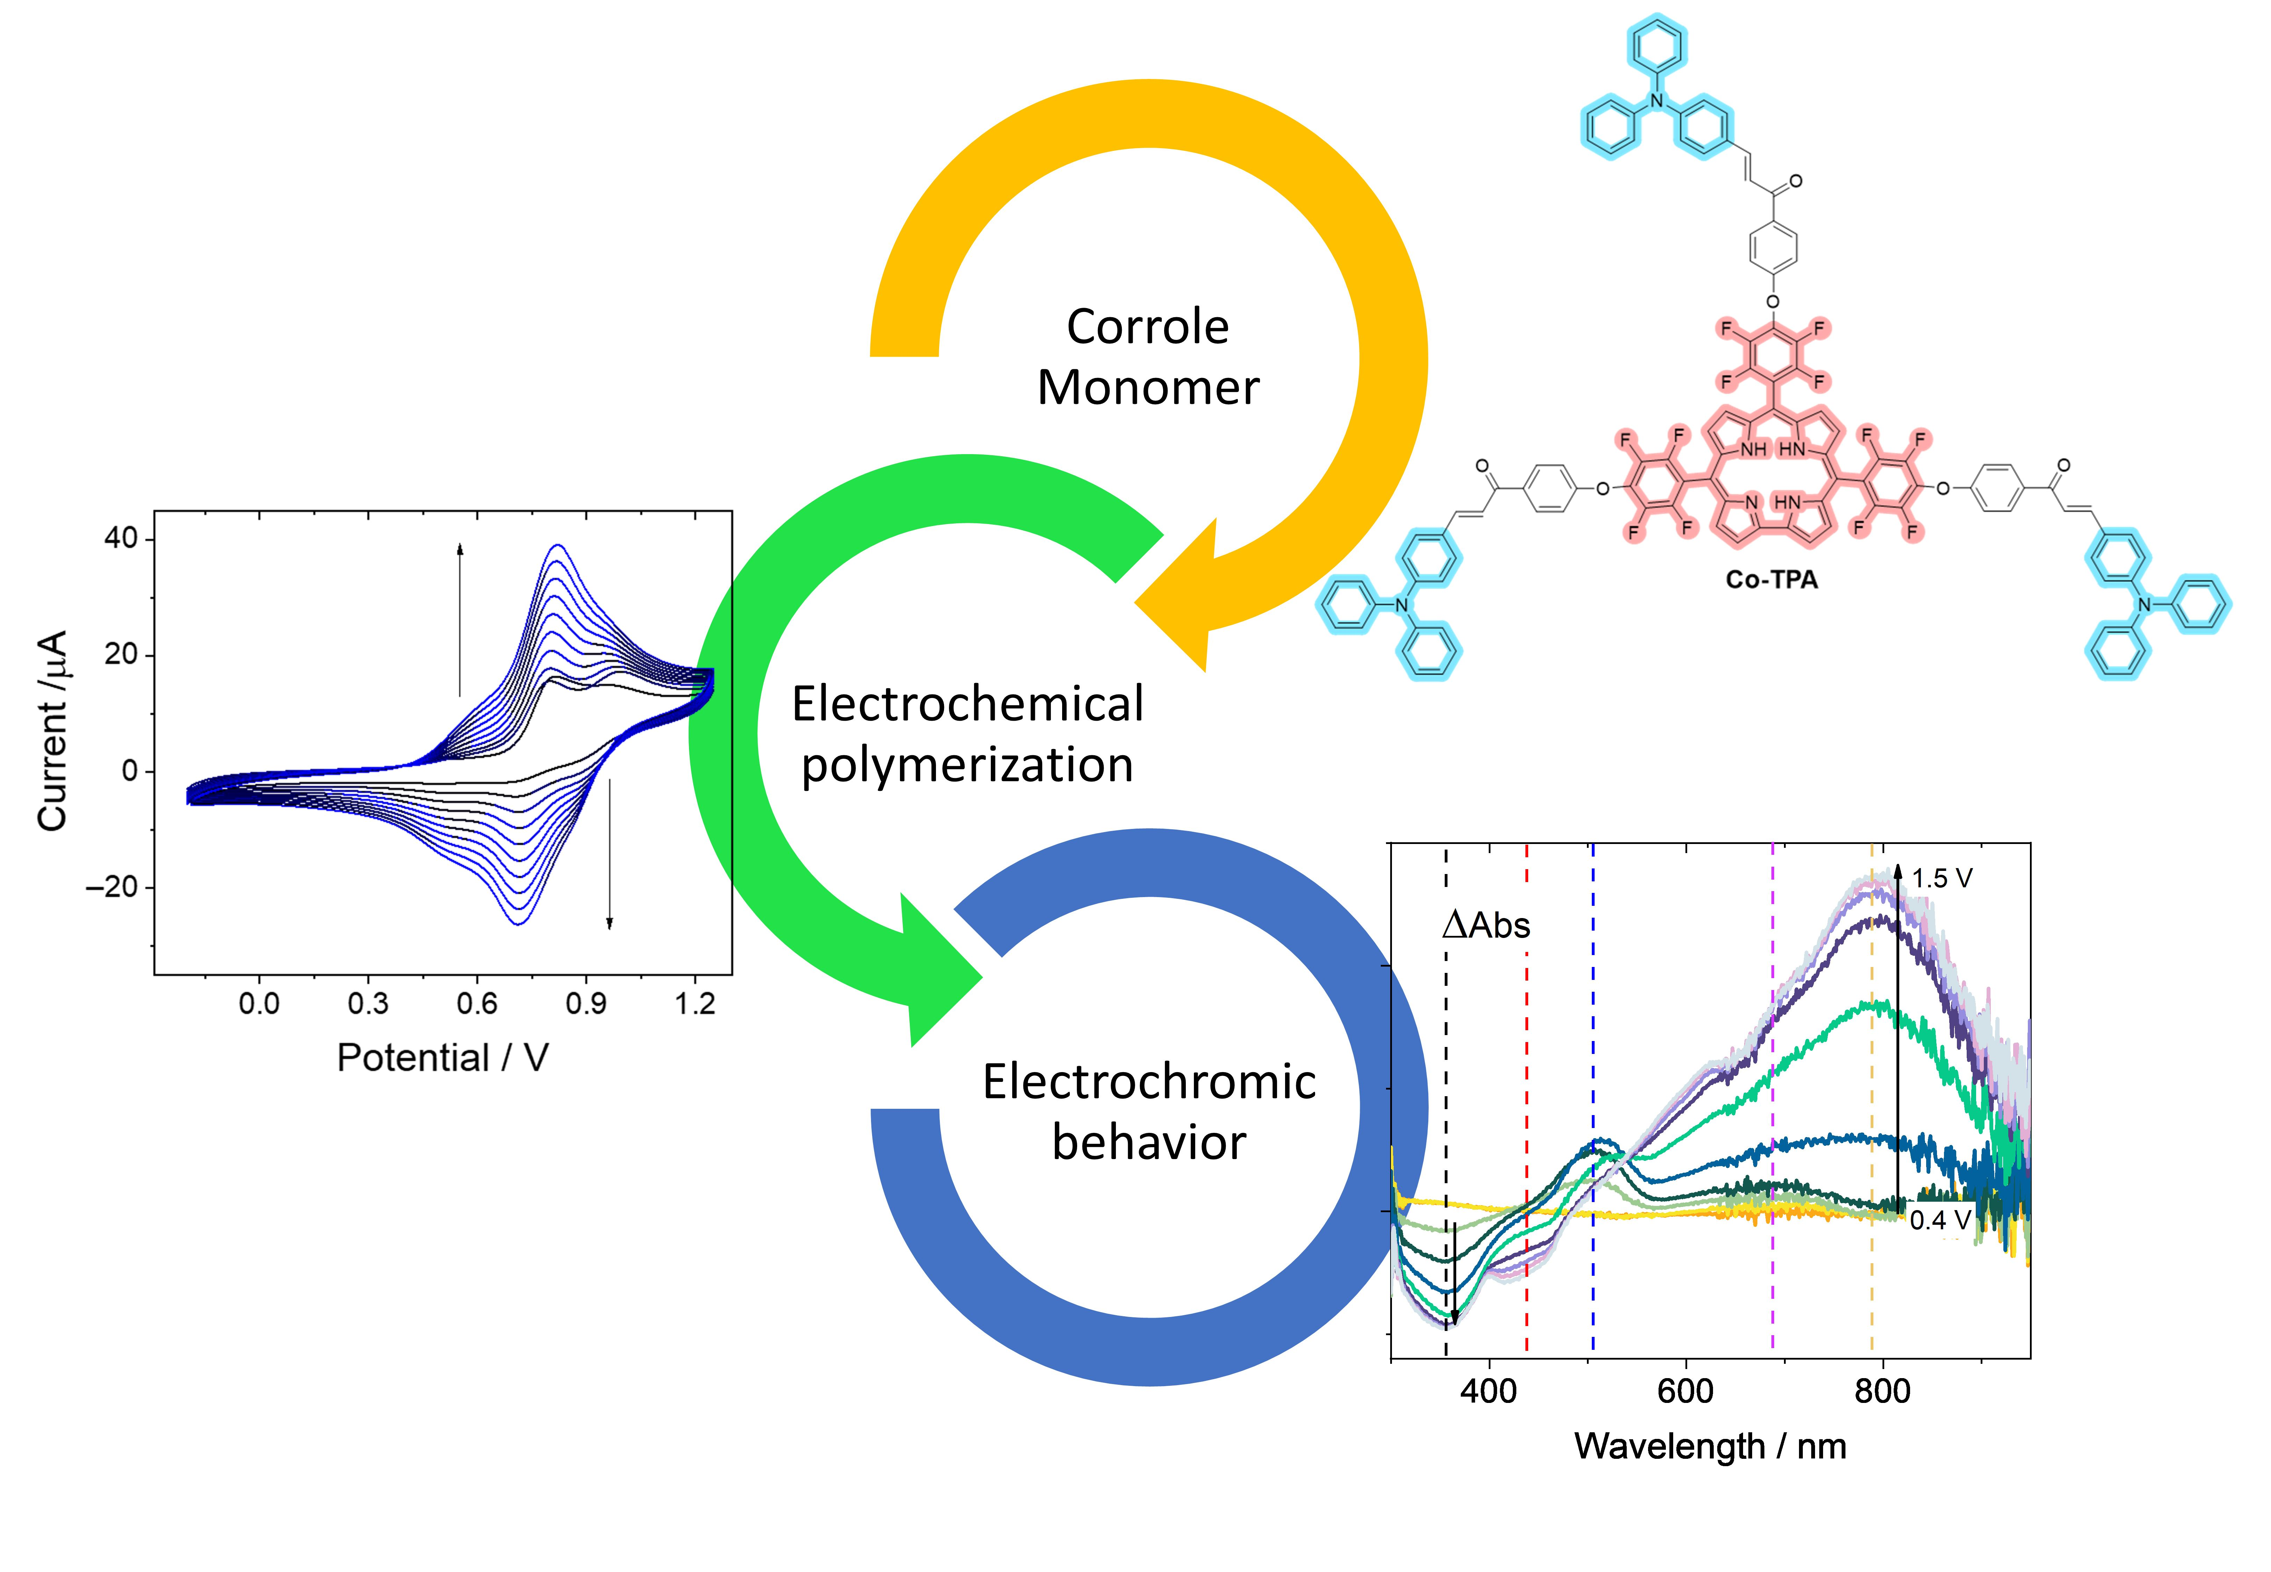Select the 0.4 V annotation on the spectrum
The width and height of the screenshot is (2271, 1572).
1940,1220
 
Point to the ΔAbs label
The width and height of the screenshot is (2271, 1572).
1486,926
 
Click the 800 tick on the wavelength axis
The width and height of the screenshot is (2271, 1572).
1882,1391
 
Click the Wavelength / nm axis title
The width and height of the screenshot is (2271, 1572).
1710,1446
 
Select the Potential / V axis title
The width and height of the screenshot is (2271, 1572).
442,1058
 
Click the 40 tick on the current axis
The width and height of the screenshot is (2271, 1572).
121,539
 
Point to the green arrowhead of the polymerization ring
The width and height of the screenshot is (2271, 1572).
936,975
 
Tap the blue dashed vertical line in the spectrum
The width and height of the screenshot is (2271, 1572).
1592,1084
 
